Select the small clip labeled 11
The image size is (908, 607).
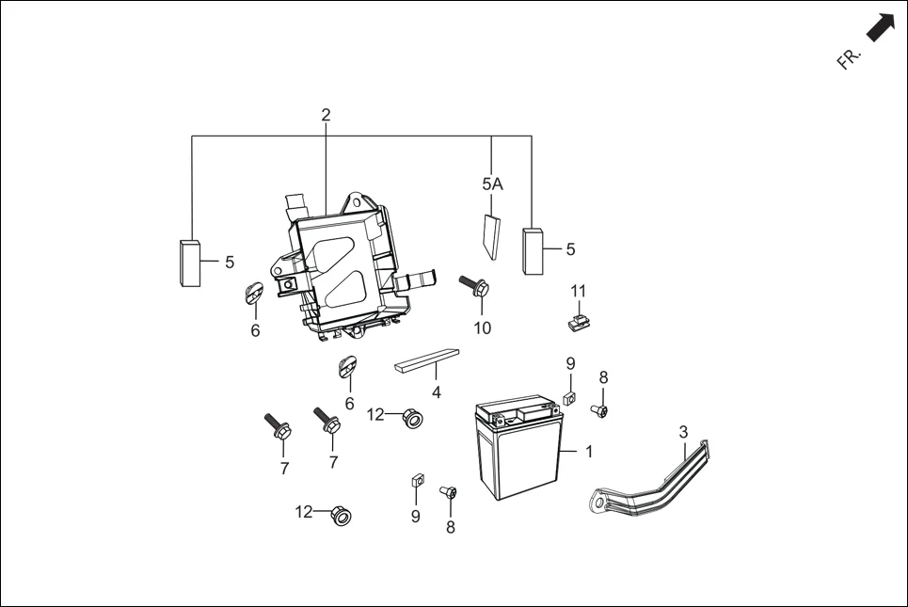(x=578, y=322)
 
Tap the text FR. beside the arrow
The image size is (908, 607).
(x=849, y=58)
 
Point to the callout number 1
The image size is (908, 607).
(x=589, y=452)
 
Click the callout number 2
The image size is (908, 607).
(x=326, y=115)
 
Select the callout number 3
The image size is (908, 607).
(x=684, y=432)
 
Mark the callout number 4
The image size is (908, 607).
(x=436, y=392)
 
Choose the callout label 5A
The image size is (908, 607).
(x=492, y=184)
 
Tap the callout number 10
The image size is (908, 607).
(x=482, y=328)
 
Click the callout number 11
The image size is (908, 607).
(x=578, y=290)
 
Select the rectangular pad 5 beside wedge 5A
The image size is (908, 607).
(x=534, y=251)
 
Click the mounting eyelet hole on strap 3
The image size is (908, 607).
(x=597, y=503)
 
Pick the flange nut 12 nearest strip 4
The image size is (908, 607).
(x=410, y=417)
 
